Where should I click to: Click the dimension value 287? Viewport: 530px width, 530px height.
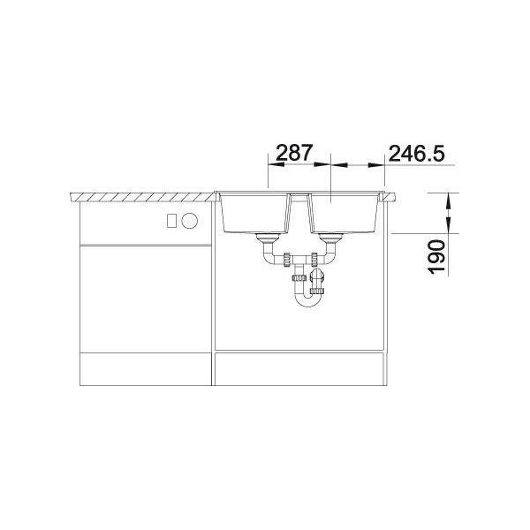coord(293,153)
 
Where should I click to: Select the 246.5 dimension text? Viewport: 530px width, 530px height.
coord(416,153)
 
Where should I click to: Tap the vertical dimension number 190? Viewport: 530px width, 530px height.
coord(436,256)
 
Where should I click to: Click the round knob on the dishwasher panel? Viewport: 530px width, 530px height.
coord(189,220)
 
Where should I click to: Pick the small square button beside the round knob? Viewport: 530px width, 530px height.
coord(172,220)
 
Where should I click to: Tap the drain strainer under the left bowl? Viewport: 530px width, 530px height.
coord(267,238)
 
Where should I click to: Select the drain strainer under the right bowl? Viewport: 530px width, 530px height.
coord(330,238)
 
